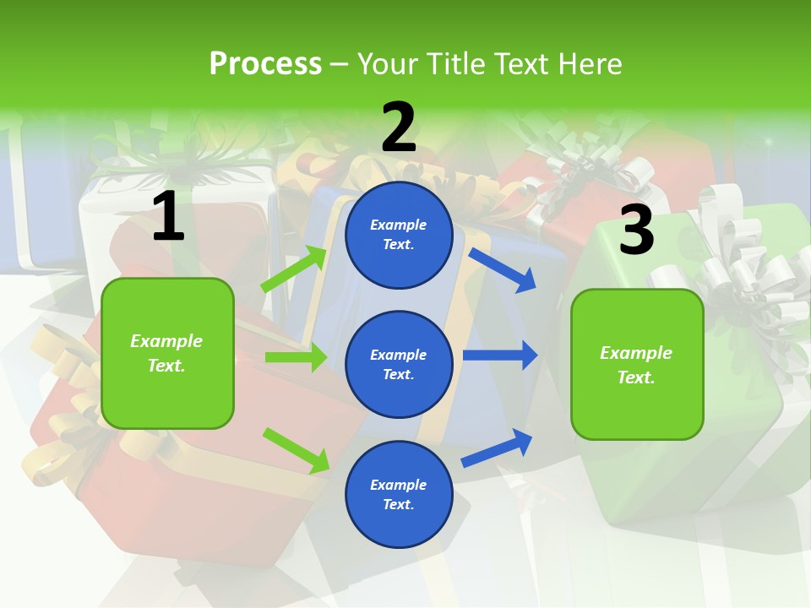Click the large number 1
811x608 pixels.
(168, 217)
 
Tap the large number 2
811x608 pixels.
(398, 128)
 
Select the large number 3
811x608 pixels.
(636, 230)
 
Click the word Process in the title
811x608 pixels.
(265, 63)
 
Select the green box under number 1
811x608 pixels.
(167, 353)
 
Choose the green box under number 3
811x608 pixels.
(637, 365)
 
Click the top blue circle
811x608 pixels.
(399, 235)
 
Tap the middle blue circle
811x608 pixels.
(399, 365)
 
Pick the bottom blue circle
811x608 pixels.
(399, 495)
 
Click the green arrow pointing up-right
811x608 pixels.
(294, 269)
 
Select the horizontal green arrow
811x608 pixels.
(296, 358)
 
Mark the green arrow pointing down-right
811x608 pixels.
(296, 449)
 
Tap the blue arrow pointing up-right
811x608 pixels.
(498, 448)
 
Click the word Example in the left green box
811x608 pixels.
(166, 341)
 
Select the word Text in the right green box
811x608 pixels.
(634, 377)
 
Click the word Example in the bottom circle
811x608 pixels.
(399, 485)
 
